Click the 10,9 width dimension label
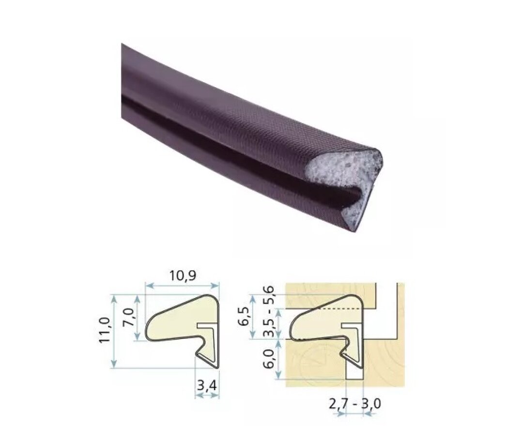pos(183,275)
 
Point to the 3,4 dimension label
pos(207,386)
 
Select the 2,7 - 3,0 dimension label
pos(354,404)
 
